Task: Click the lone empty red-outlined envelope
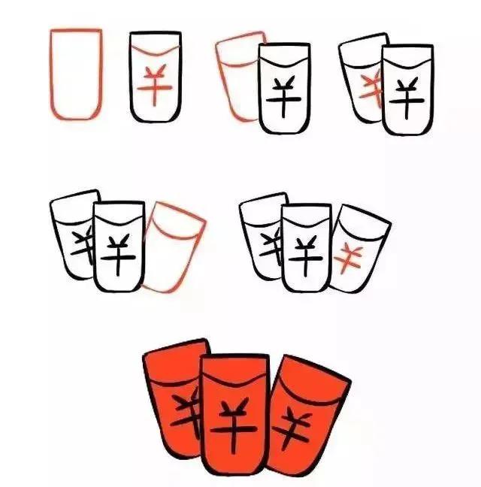(x=76, y=74)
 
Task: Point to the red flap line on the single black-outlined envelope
(x=156, y=50)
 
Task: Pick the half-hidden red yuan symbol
(x=371, y=89)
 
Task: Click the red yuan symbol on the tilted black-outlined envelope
(x=349, y=259)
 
